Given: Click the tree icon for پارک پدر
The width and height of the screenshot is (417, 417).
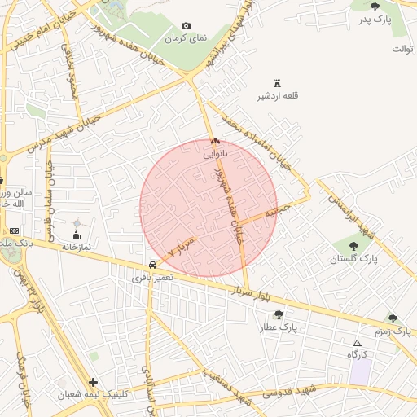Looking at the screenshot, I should tap(375, 7).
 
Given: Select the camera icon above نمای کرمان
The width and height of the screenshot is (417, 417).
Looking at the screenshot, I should tap(186, 26).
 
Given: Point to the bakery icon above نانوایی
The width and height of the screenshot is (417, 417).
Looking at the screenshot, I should tap(215, 141).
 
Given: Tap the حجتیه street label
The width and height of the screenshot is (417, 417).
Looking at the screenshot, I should tap(282, 210).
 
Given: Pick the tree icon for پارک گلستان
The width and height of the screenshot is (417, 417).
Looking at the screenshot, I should tap(354, 246).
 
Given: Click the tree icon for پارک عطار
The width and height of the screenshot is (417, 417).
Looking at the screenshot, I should tap(279, 314).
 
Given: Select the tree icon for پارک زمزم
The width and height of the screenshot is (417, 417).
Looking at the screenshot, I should tap(393, 318).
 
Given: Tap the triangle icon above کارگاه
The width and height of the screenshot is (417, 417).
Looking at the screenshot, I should tap(357, 343).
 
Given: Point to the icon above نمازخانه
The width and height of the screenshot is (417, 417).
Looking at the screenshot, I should tap(77, 235).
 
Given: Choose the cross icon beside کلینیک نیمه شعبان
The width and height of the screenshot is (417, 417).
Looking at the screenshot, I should tap(94, 382).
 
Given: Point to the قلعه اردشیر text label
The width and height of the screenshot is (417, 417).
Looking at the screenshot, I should tap(279, 96).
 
